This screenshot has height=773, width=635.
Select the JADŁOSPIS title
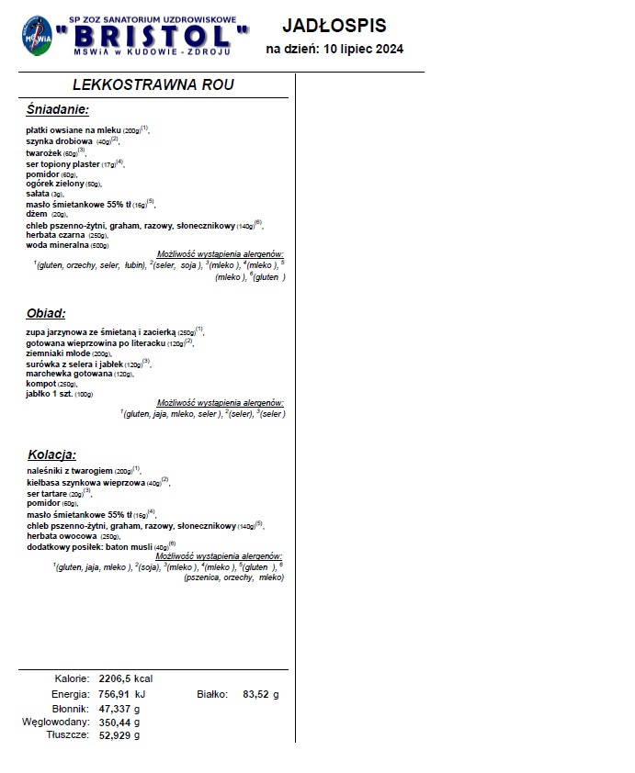pos(334,26)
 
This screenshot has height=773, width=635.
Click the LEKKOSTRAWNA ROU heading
pos(153,85)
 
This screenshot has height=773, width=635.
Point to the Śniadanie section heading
pos(58,110)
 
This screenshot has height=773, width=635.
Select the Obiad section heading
pos(45,312)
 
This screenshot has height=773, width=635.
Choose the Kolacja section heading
pos(51,454)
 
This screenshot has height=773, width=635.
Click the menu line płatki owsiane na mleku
pos(86,130)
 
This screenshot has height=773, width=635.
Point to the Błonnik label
pos(70,709)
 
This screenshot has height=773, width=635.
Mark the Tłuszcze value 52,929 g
pos(119,735)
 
